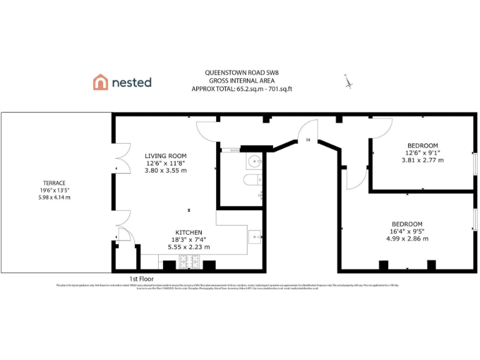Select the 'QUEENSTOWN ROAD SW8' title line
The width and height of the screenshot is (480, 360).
242,72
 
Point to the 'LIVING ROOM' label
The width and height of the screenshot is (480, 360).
166,156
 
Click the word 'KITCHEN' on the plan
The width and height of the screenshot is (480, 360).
189,232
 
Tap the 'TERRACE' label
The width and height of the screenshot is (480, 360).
55,183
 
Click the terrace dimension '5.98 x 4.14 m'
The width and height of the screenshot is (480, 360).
55,197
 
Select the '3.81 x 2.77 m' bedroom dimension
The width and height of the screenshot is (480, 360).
422,160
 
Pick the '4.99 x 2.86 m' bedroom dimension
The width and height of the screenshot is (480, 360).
407,239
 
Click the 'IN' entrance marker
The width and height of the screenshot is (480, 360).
307,141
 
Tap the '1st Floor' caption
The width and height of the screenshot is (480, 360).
141,279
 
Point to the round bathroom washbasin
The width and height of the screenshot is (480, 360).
255,161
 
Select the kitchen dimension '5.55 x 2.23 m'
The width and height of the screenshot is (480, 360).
189,247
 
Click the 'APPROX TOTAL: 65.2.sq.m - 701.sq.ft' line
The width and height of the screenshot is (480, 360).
242,89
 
